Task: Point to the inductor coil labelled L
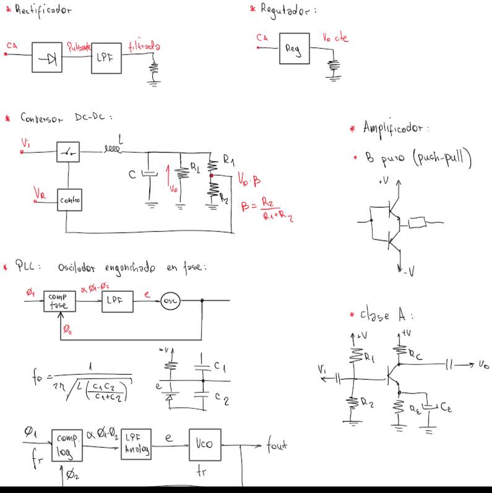tap(113, 148)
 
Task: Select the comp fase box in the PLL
tap(59, 301)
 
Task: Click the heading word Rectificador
tap(43, 11)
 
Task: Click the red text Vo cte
tap(335, 38)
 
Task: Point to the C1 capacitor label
tap(219, 366)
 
